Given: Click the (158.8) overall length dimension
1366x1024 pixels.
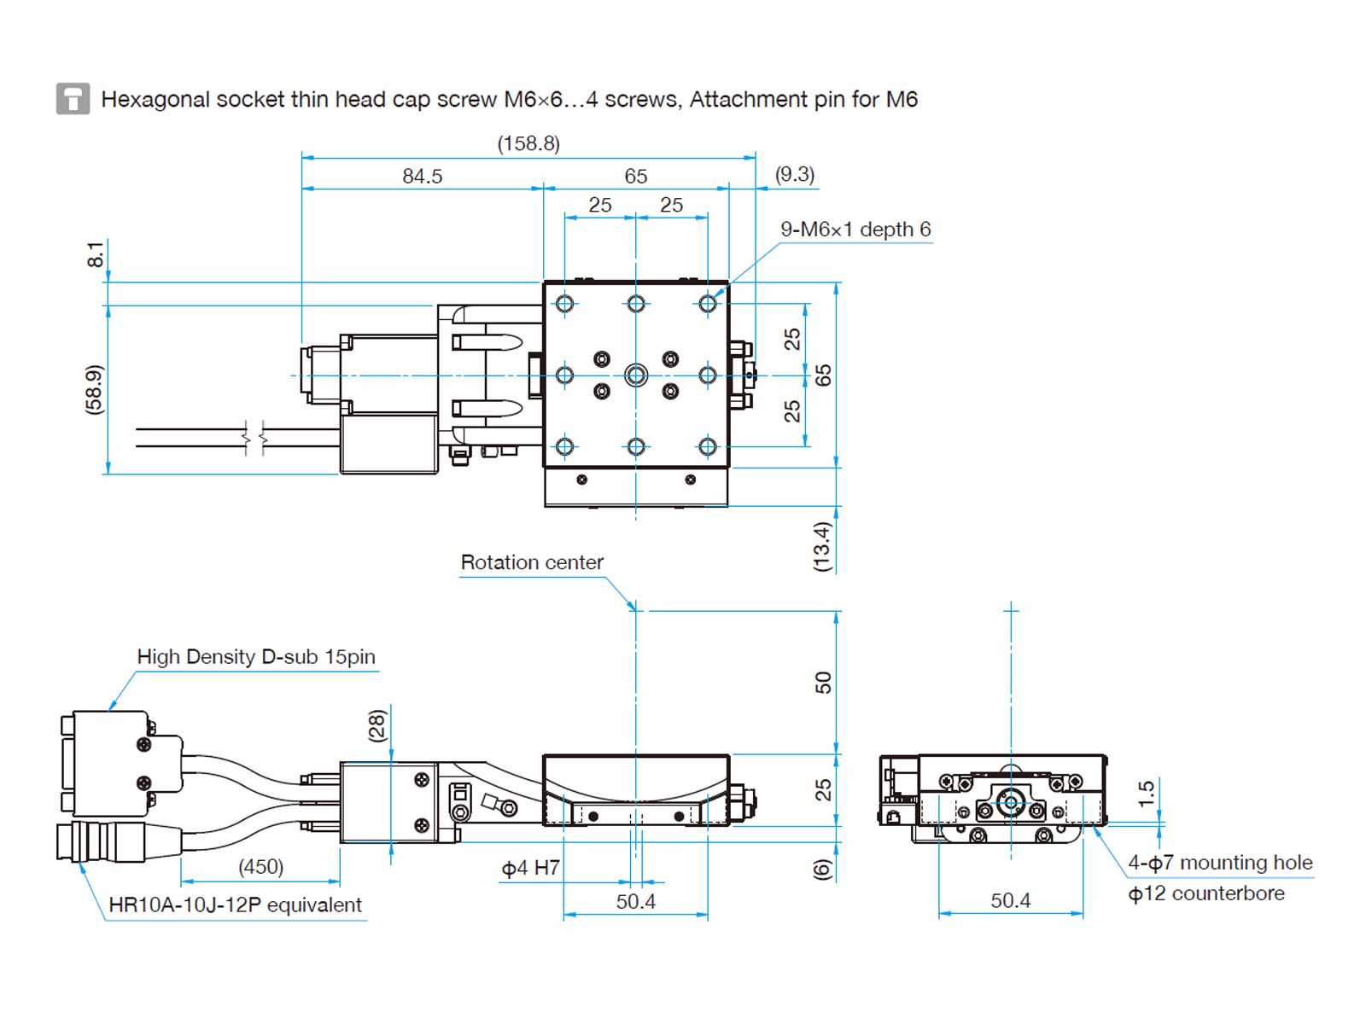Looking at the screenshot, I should click(528, 143).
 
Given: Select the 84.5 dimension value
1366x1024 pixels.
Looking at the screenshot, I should click(423, 176).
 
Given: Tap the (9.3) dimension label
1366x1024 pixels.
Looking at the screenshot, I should click(794, 174).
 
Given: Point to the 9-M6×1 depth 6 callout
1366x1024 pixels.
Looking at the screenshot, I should click(855, 230).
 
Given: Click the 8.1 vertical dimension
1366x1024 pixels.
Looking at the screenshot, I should click(95, 254).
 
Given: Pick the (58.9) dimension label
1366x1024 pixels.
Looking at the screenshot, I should click(94, 390).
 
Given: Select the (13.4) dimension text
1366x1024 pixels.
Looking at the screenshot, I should click(821, 546).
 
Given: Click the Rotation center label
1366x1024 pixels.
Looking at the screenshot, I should click(532, 562).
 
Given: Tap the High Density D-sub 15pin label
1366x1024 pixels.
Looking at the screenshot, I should click(256, 657).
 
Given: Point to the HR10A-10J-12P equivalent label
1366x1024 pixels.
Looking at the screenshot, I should click(235, 905).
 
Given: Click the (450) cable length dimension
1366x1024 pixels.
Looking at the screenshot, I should click(260, 867).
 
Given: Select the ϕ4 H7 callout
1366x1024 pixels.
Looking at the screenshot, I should click(530, 869).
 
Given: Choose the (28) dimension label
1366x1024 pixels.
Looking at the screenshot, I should click(377, 725).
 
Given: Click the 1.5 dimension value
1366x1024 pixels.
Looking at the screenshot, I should click(1146, 794).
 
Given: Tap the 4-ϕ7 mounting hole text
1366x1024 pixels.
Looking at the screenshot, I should click(1220, 863).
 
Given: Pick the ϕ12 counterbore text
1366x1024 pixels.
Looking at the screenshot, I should click(1206, 893).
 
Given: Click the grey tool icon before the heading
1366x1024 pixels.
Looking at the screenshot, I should click(73, 99).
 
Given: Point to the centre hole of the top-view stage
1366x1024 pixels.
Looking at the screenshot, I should click(636, 375).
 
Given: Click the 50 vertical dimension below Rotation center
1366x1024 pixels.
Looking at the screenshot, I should click(822, 683).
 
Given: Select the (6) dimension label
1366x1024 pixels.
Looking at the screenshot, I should click(821, 870).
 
